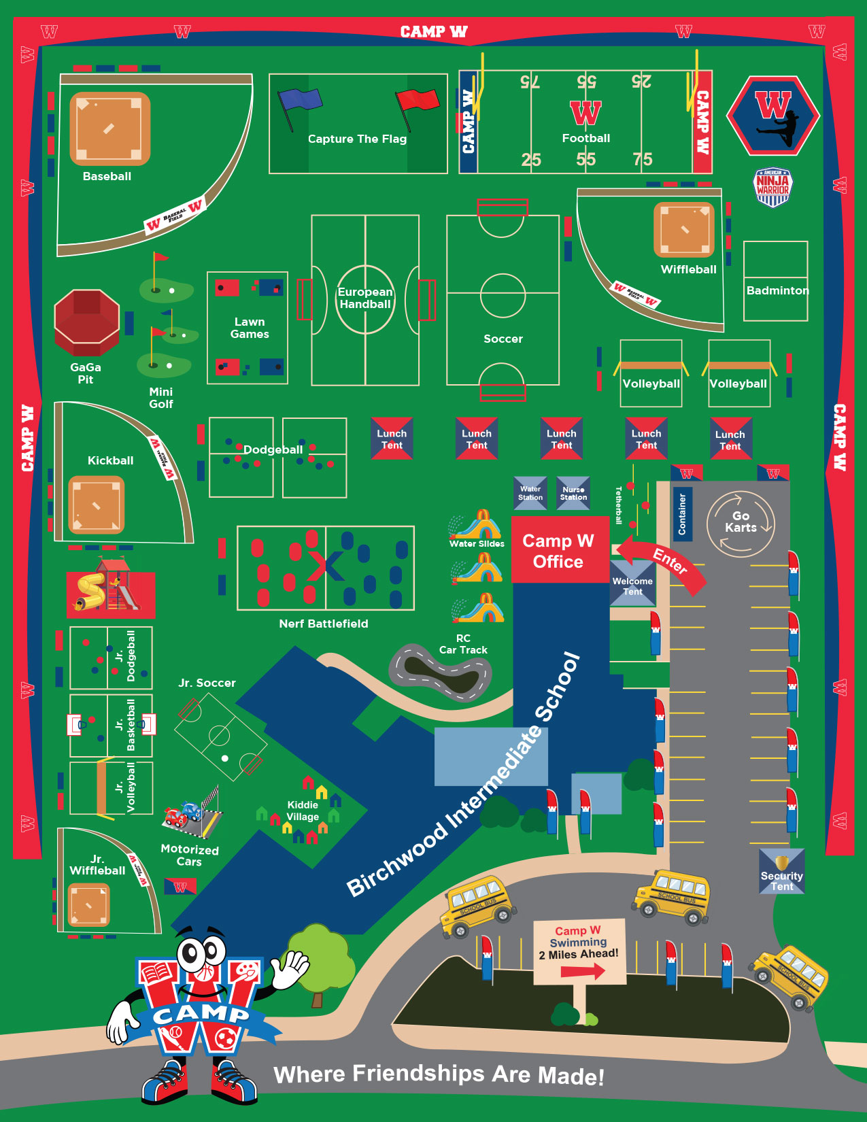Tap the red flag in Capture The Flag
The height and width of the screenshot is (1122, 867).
click(x=418, y=101)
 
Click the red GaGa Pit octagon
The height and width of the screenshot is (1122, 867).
click(x=87, y=322)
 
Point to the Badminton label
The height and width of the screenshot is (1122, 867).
click(x=777, y=290)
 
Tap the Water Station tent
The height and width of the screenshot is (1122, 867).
click(x=530, y=493)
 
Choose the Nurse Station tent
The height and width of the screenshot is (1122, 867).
click(x=573, y=493)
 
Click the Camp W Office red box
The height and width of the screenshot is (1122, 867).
click(x=559, y=551)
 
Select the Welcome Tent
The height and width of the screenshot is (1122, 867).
click(x=632, y=585)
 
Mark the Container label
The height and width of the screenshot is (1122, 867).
click(x=682, y=514)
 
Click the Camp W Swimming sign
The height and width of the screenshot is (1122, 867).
click(x=579, y=951)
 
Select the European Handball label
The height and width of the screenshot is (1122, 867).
click(x=365, y=298)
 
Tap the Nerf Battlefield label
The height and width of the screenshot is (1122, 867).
click(x=324, y=624)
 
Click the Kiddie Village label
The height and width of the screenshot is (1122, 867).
click(x=303, y=811)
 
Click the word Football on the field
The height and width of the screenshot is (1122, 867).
click(x=586, y=138)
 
